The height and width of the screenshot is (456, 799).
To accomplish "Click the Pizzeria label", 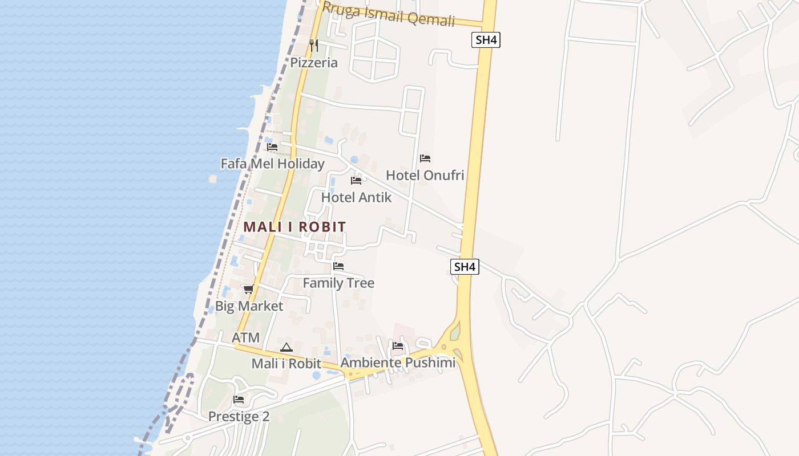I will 314,63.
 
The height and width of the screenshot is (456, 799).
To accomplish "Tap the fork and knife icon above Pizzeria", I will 314,45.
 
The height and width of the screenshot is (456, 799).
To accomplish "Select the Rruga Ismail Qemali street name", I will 388,14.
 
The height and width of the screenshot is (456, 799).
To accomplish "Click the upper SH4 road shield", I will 486,40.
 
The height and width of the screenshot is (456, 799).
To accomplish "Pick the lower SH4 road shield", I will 465,267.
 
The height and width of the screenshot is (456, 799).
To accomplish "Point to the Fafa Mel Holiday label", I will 272,164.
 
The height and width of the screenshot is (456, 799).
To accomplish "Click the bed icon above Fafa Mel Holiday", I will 272,147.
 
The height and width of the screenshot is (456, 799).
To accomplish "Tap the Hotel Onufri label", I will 425,175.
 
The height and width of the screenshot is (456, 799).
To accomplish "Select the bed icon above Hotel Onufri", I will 425,158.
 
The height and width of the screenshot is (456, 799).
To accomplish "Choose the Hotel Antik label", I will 356,198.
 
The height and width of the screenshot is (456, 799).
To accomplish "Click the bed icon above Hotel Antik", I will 356,181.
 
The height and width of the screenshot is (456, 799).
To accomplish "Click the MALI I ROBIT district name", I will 294,227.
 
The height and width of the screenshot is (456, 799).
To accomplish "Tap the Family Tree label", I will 338,283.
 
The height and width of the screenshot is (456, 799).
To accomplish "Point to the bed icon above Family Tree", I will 338,266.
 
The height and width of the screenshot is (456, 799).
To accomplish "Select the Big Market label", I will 249,306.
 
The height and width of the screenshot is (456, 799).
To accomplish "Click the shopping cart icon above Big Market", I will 248,290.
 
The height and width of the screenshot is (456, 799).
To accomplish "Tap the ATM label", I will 245,337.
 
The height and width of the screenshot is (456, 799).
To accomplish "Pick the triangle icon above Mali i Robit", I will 286,347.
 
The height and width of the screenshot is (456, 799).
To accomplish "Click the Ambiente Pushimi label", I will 398,363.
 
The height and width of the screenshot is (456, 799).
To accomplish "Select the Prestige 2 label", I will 239,417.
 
